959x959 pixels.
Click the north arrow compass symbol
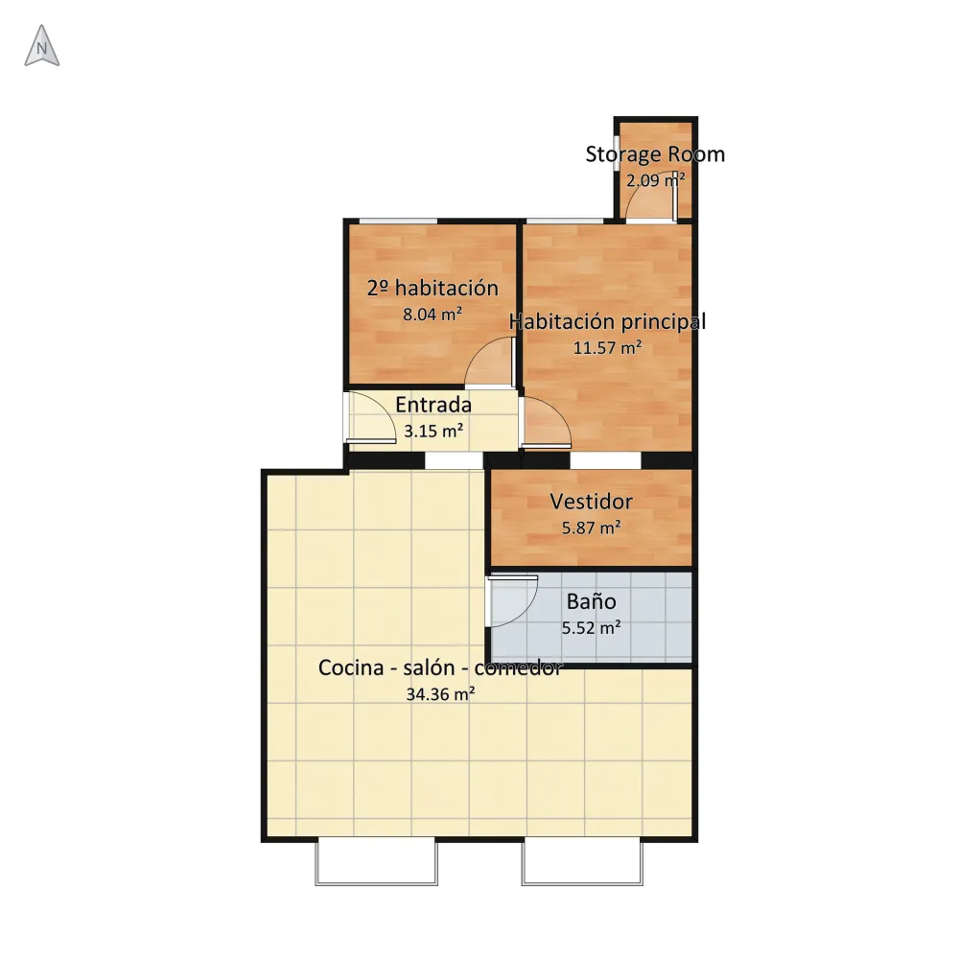click(x=41, y=46)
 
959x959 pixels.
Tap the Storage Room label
click(x=655, y=154)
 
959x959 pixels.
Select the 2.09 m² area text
click(x=655, y=180)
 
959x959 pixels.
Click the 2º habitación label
click(x=433, y=288)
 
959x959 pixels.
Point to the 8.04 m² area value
click(x=433, y=315)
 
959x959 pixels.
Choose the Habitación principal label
click(x=607, y=321)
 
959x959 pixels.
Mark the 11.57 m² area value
click(x=607, y=348)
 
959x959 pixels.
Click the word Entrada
click(x=433, y=405)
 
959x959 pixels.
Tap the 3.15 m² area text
click(x=433, y=432)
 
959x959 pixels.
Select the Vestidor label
click(x=591, y=502)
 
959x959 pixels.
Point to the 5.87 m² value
click(x=592, y=527)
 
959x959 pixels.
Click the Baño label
click(x=591, y=601)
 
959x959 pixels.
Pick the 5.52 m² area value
click(x=592, y=627)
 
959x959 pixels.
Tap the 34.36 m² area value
click(x=440, y=694)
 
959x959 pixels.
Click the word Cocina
click(x=350, y=667)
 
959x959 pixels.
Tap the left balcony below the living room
click(x=376, y=862)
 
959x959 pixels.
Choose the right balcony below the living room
click(x=582, y=862)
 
